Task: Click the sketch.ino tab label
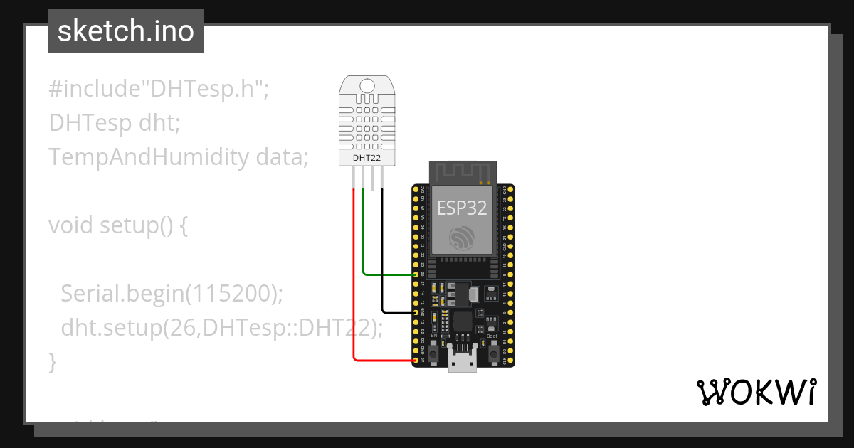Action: pos(125,31)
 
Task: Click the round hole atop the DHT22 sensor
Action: pos(367,86)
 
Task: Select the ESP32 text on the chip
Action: pos(462,207)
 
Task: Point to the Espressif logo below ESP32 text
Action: pos(462,238)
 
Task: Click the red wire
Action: pos(354,284)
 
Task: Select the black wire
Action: pos(381,256)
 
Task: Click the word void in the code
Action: pos(71,225)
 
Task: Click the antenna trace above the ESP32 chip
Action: pos(463,171)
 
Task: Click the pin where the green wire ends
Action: pos(416,274)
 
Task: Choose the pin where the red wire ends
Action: pos(416,361)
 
